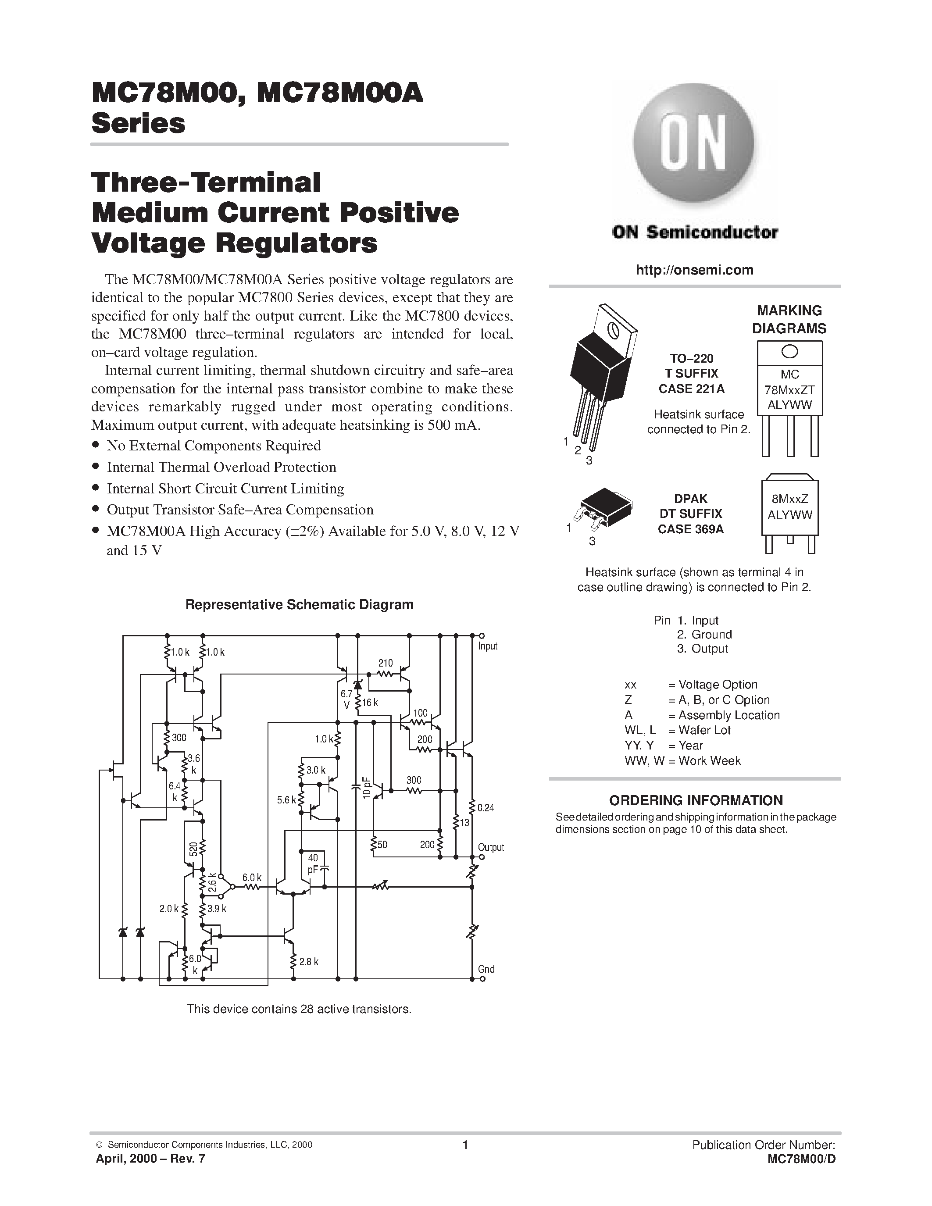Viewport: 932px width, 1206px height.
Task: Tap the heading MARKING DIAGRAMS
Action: click(789, 320)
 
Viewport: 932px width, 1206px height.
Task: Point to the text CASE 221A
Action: click(691, 389)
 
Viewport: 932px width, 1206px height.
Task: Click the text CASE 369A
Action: click(690, 529)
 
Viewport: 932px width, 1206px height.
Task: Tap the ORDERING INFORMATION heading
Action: click(695, 800)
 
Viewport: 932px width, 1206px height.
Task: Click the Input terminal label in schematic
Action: click(488, 646)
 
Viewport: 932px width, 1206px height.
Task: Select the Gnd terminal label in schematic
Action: click(486, 969)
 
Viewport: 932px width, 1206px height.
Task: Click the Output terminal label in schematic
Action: click(490, 848)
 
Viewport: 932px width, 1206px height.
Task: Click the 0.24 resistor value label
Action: click(486, 808)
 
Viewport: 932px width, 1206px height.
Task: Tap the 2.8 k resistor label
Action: click(309, 962)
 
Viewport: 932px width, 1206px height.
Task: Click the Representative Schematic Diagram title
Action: click(299, 605)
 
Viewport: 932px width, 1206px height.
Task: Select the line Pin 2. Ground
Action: click(704, 635)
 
